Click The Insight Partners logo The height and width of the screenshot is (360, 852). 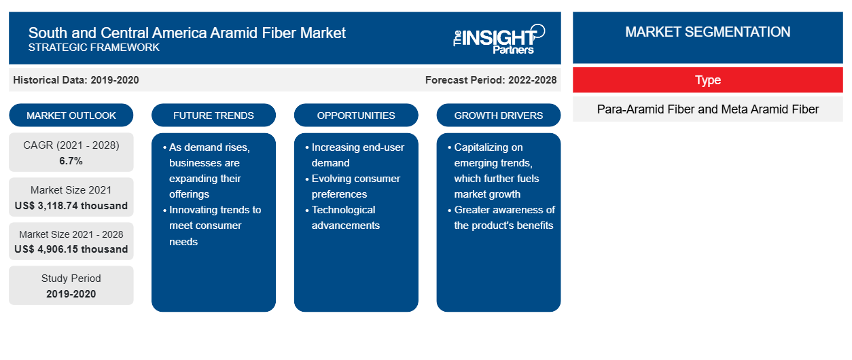click(x=499, y=39)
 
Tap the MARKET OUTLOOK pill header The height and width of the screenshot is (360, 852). click(x=71, y=115)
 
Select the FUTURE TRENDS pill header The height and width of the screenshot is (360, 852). click(x=213, y=115)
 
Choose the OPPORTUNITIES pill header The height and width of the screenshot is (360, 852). click(x=356, y=115)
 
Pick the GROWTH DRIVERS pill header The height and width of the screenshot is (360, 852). click(x=498, y=115)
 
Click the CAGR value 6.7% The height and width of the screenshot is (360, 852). click(x=71, y=161)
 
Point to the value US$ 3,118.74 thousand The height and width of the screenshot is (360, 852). click(x=71, y=206)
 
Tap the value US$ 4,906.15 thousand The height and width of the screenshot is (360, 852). click(x=71, y=249)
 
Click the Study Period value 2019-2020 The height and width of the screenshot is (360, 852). click(x=71, y=294)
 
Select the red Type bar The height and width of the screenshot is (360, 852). click(x=708, y=80)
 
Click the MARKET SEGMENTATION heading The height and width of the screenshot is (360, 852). click(x=708, y=32)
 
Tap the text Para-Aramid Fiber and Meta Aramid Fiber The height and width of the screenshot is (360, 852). click(x=708, y=109)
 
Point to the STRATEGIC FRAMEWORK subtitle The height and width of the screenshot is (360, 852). click(x=94, y=48)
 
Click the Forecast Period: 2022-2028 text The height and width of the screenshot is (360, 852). click(x=491, y=80)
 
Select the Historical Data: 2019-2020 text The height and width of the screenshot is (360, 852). click(x=76, y=80)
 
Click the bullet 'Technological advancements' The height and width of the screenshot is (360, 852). click(x=342, y=217)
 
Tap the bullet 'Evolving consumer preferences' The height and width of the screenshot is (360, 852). click(x=353, y=186)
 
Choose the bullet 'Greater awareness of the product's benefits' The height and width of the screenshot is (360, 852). click(x=501, y=217)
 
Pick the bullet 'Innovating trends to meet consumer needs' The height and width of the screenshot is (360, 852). click(x=212, y=226)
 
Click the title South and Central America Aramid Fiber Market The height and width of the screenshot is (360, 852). click(x=187, y=33)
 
